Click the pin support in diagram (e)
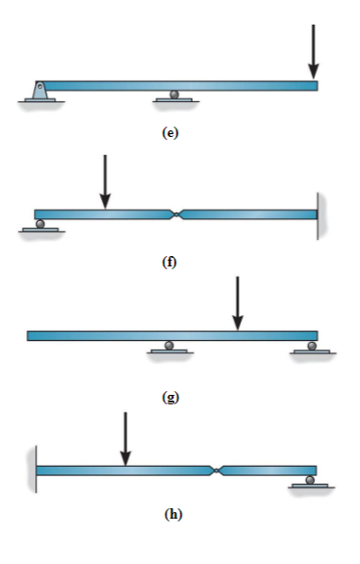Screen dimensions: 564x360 pos(38,91)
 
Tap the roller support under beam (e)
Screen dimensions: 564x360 pos(173,94)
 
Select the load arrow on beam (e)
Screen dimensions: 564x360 pos(313,59)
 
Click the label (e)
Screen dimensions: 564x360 pos(170,132)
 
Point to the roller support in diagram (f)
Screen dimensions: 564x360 pos(40,225)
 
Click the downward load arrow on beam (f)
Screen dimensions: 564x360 pos(105,181)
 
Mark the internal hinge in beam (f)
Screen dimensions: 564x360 pos(177,214)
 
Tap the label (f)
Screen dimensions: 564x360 pos(170,262)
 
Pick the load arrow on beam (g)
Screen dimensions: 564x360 pos(238,303)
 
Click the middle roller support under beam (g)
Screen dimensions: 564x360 pos(170,347)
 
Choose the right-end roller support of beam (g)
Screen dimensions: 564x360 pos(311,347)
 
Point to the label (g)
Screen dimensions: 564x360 pos(170,396)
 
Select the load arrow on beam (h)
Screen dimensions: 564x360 pos(125,438)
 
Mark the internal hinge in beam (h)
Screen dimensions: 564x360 pos(217,470)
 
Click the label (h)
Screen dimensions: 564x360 pos(170,514)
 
